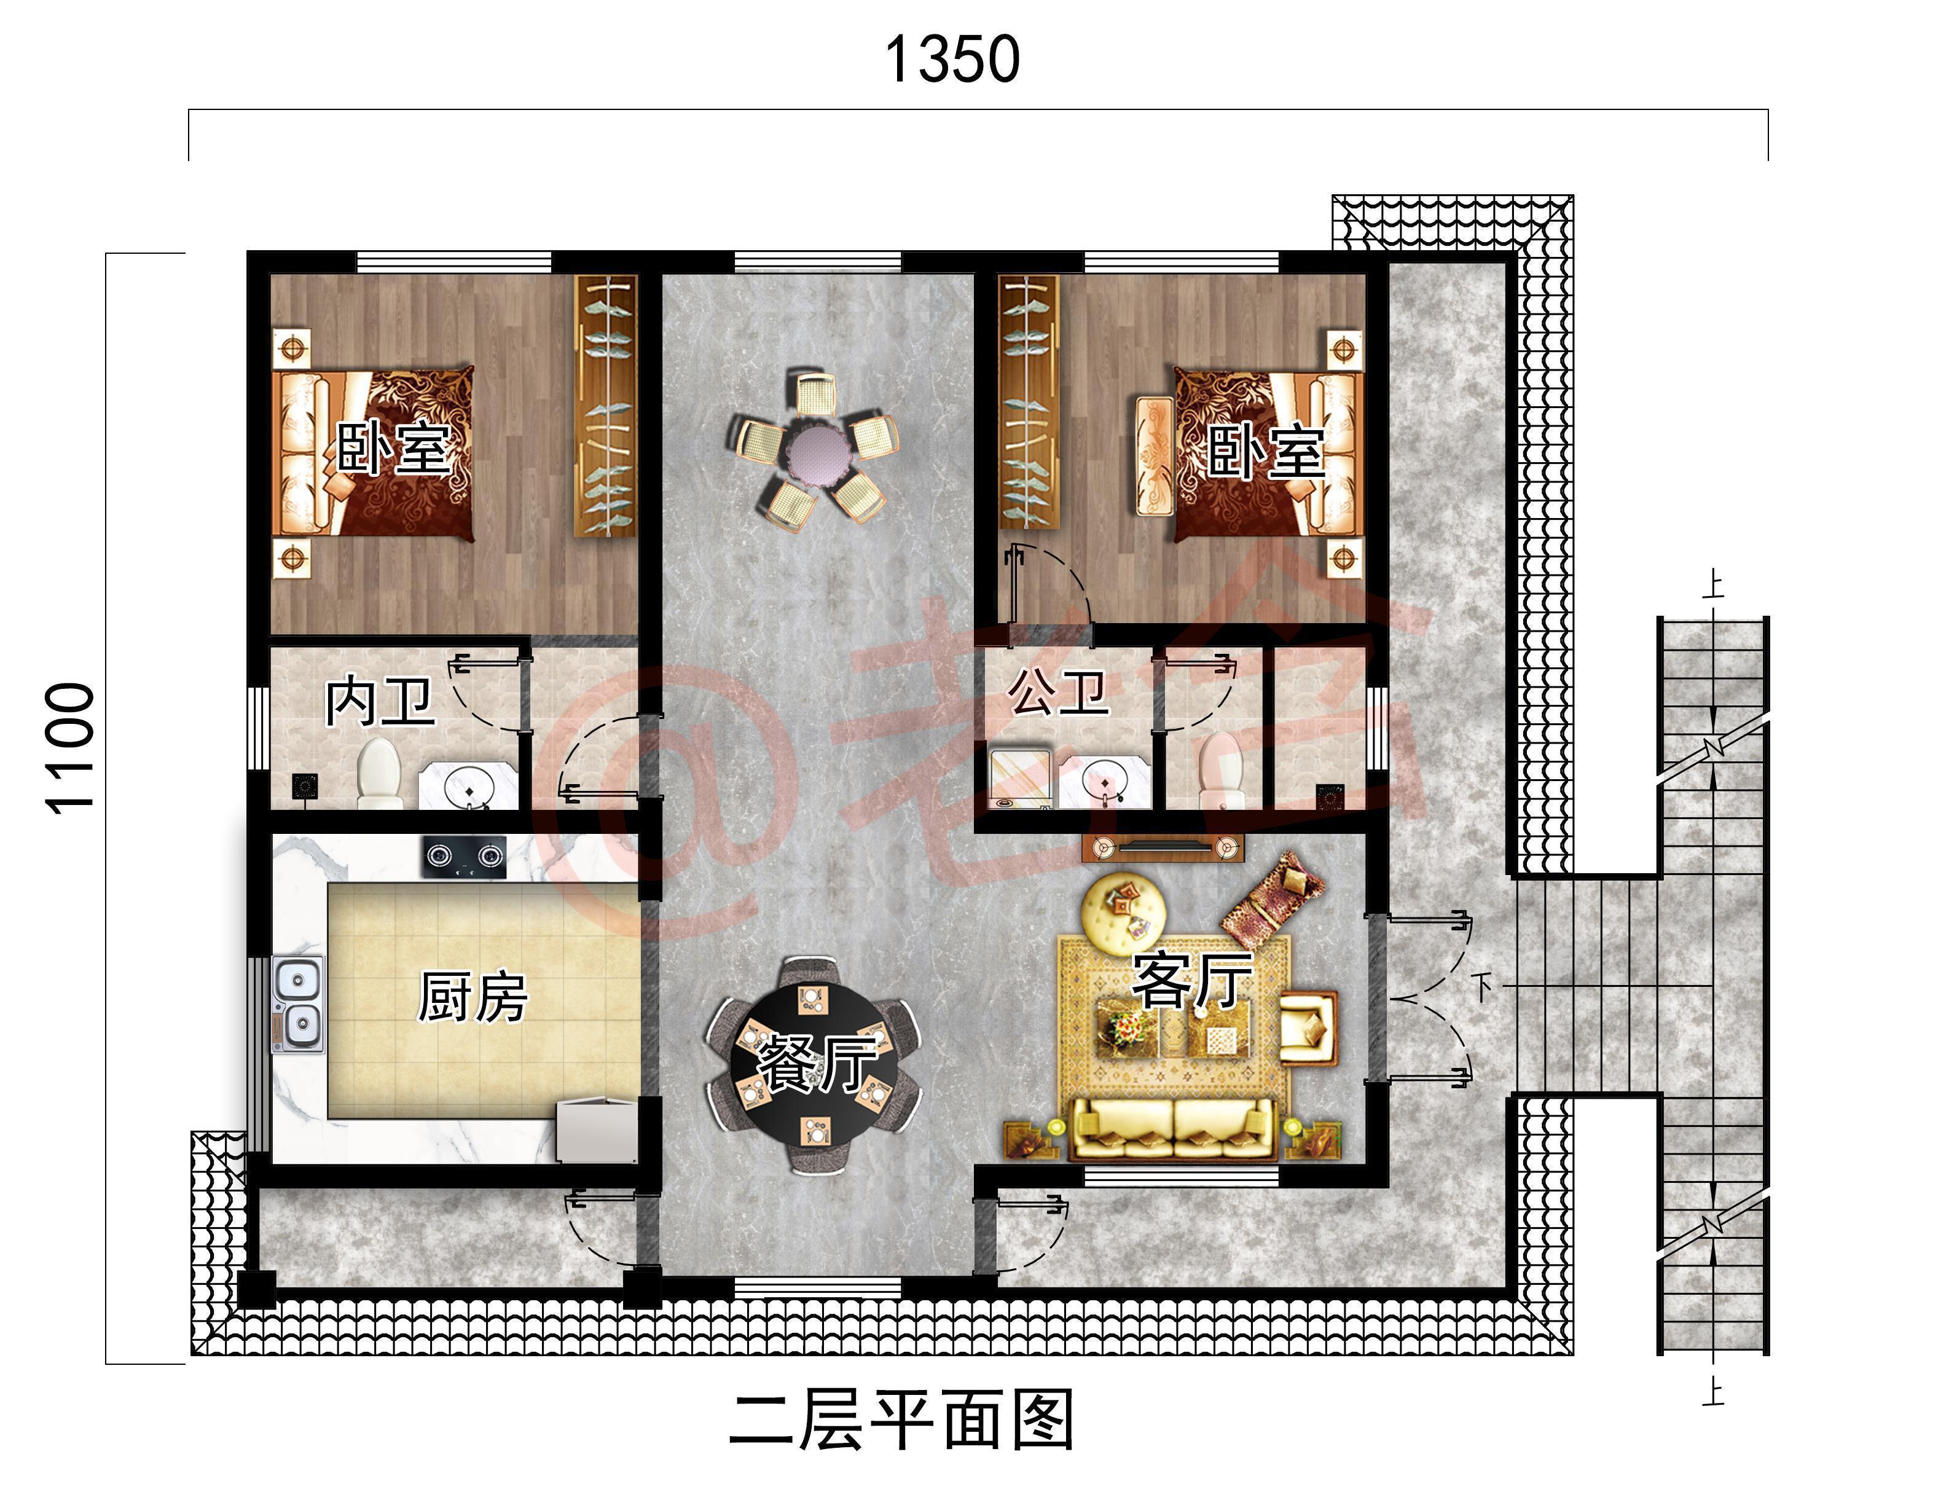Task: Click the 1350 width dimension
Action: point(952,60)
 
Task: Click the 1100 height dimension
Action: point(71,748)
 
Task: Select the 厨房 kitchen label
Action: point(473,997)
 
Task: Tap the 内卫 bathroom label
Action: point(379,702)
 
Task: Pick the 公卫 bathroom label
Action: point(1058,692)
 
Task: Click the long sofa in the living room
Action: point(1173,1130)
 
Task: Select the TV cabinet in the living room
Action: point(1163,847)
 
